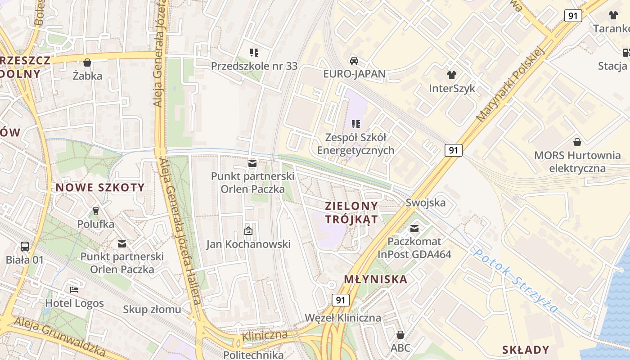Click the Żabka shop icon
(x=87, y=63)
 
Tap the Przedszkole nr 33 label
(x=254, y=66)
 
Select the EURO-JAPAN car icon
(x=354, y=60)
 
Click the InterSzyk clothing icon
(x=452, y=75)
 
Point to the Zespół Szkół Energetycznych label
(x=355, y=144)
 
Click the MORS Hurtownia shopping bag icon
(x=577, y=143)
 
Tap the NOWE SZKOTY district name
(x=100, y=188)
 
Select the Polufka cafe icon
(x=95, y=211)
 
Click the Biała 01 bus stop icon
(x=25, y=247)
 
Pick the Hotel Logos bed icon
(x=74, y=290)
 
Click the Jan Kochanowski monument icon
(x=248, y=231)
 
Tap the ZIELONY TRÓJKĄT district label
(x=351, y=212)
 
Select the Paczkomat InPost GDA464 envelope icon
(x=414, y=229)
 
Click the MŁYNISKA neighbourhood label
(x=376, y=279)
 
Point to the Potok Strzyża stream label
(x=516, y=281)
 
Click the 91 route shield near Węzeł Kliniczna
(x=341, y=300)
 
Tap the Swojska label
(x=425, y=202)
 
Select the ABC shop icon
(x=400, y=335)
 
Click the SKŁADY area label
(x=526, y=350)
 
